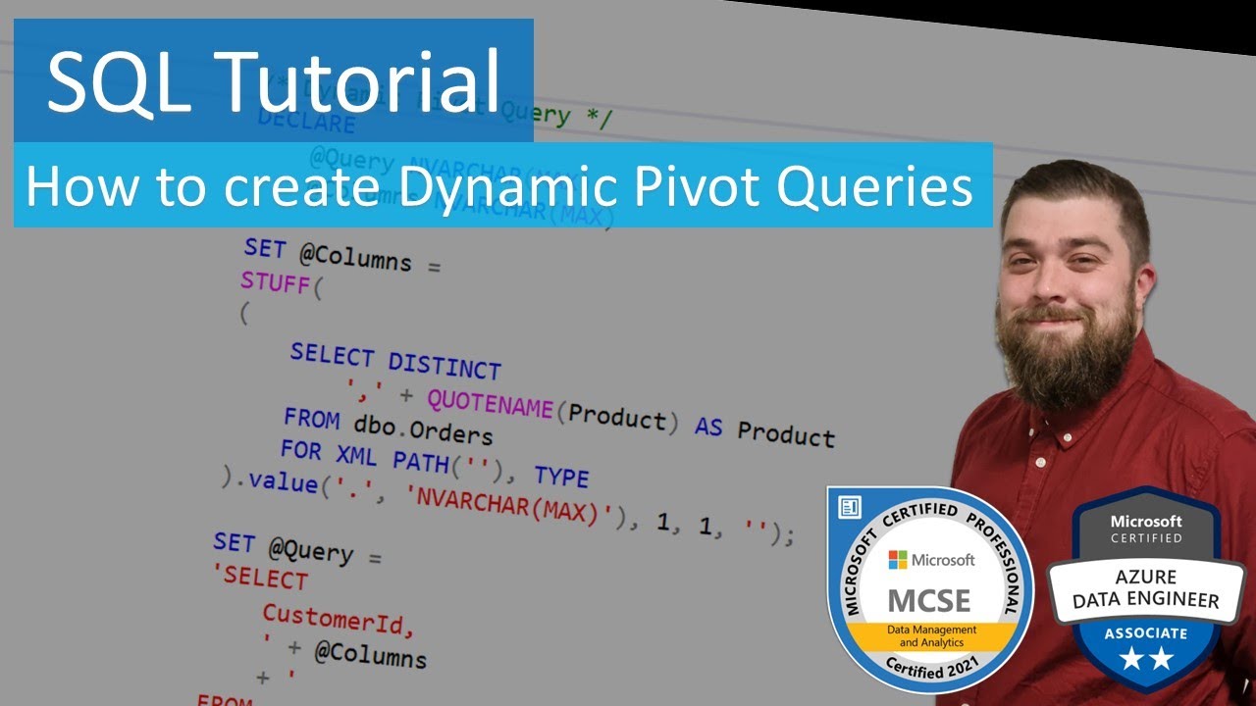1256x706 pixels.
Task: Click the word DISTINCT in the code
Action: click(444, 366)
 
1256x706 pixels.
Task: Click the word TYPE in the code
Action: click(561, 477)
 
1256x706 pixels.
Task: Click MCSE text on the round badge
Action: click(928, 599)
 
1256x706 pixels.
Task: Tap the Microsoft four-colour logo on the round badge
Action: click(898, 560)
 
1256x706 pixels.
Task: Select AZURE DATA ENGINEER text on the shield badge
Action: click(1145, 588)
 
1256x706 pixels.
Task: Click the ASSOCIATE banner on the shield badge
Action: click(1145, 632)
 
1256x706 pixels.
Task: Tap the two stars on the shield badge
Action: click(1145, 660)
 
